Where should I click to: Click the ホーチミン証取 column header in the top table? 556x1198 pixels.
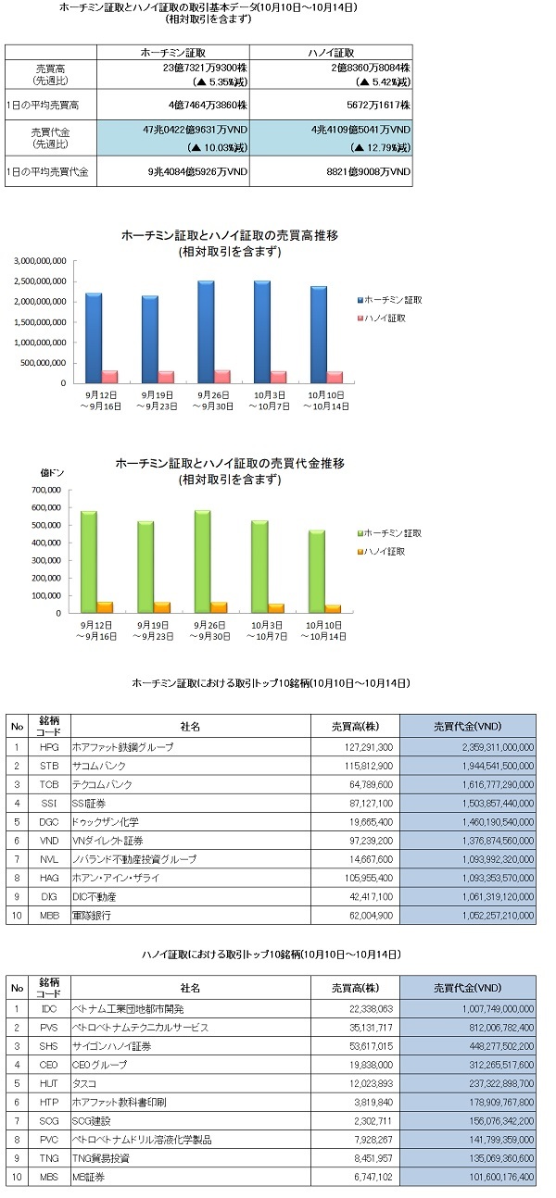[x=173, y=53]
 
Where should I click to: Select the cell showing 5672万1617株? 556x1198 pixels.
[x=378, y=105]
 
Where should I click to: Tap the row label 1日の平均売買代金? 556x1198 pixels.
[x=47, y=171]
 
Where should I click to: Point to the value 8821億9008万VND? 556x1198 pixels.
[x=368, y=171]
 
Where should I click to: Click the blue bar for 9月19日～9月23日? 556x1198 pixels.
[x=149, y=339]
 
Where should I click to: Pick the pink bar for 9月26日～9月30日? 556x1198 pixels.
[x=222, y=377]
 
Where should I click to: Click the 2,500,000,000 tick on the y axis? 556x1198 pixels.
[x=40, y=281]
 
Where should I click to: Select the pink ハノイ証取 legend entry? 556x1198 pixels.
[x=382, y=318]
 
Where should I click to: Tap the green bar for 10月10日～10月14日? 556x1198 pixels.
[x=317, y=571]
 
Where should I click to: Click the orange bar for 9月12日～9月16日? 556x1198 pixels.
[x=105, y=607]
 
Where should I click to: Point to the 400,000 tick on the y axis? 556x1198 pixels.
[x=46, y=543]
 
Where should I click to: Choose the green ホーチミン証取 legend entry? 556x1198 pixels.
[x=389, y=533]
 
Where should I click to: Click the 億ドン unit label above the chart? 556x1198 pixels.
[x=52, y=473]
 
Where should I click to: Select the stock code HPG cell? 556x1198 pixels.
[x=49, y=747]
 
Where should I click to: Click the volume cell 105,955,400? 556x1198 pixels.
[x=369, y=878]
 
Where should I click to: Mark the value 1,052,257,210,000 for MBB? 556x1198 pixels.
[x=498, y=915]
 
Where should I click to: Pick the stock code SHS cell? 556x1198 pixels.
[x=49, y=1046]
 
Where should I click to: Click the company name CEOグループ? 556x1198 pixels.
[x=99, y=1065]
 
